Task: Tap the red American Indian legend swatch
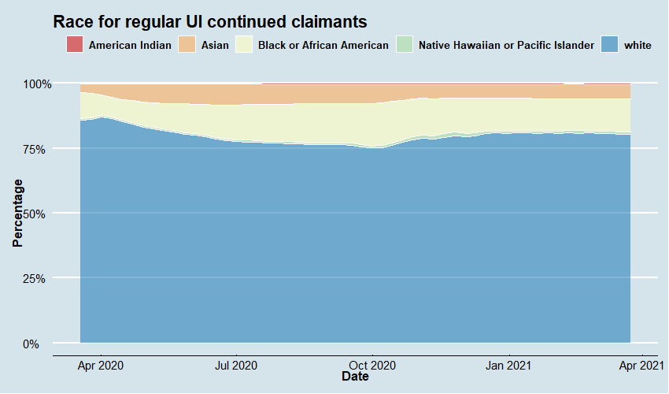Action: point(75,45)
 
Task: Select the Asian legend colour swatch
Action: point(187,45)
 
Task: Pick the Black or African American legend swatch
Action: point(244,45)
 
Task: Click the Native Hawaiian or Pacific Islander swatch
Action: point(404,45)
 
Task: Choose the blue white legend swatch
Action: point(609,45)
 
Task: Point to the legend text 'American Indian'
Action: point(130,46)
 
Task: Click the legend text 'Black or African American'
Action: point(323,46)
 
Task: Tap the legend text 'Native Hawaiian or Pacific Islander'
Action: point(506,46)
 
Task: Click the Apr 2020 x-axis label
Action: point(101,365)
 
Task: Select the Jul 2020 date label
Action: point(236,365)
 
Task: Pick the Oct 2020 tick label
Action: point(372,365)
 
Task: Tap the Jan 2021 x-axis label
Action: point(508,365)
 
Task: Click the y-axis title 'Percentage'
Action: point(18,214)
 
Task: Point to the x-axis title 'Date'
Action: point(355,377)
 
